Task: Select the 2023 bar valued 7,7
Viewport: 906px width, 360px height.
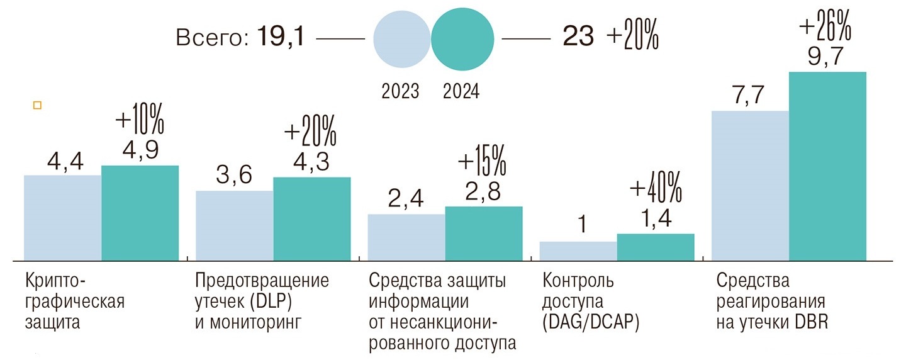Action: click(x=750, y=185)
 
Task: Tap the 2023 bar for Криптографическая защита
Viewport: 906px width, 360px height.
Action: click(x=62, y=217)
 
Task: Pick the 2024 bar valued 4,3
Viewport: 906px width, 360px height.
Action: click(x=311, y=218)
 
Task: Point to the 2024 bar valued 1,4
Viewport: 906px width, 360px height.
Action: click(x=656, y=247)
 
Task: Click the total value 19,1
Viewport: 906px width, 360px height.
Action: click(x=281, y=38)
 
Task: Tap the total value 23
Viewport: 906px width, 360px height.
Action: click(x=578, y=38)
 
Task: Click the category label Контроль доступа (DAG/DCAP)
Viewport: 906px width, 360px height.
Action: click(x=591, y=301)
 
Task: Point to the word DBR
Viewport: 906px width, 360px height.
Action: click(x=812, y=323)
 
